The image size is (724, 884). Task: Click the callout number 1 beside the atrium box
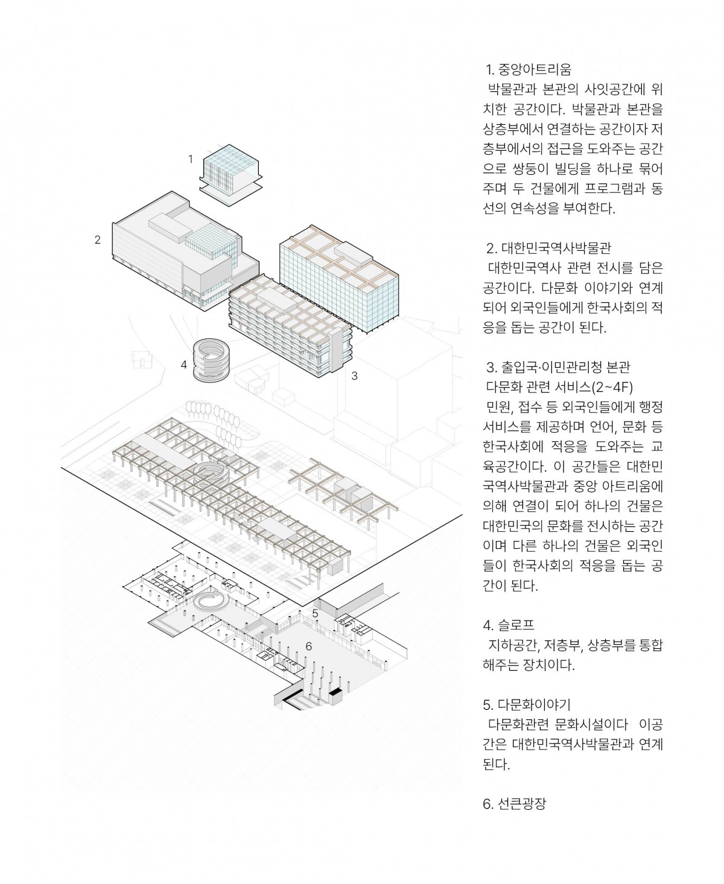(x=191, y=159)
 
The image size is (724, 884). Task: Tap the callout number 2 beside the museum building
(x=98, y=239)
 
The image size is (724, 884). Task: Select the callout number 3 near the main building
(x=355, y=376)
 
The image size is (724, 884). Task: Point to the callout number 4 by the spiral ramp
(x=183, y=364)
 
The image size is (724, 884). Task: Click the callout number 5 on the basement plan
(x=315, y=613)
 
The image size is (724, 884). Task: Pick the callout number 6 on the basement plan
(x=308, y=646)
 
